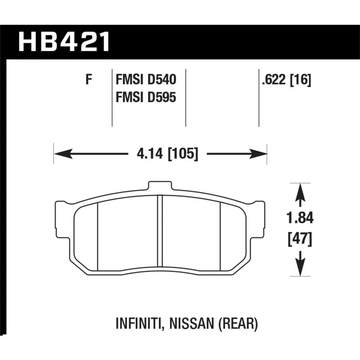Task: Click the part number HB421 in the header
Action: pyautogui.click(x=64, y=42)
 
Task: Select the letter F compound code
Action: pyautogui.click(x=89, y=80)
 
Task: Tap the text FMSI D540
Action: pyautogui.click(x=146, y=80)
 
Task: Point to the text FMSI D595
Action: pyautogui.click(x=146, y=97)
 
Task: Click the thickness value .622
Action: pyautogui.click(x=274, y=80)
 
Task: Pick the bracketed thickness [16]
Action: pyautogui.click(x=301, y=80)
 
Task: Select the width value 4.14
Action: pyautogui.click(x=150, y=153)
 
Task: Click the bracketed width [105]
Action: pyautogui.click(x=183, y=154)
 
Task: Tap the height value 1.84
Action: pyautogui.click(x=300, y=218)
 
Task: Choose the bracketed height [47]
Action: pyautogui.click(x=300, y=239)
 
